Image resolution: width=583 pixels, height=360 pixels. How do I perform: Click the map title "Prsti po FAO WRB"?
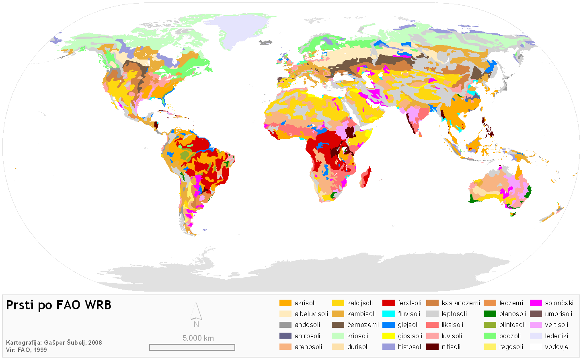[x=59, y=305]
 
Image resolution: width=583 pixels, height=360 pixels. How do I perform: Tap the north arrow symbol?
[x=196, y=314]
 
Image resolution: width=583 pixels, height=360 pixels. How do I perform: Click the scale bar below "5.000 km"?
[x=192, y=347]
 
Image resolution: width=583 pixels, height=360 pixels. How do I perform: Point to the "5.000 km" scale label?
[x=198, y=338]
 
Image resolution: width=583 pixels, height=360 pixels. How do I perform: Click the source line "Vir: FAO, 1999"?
[x=27, y=350]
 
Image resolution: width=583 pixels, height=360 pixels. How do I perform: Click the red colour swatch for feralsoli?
[x=388, y=303]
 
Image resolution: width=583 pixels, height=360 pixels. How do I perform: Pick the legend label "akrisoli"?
[x=305, y=303]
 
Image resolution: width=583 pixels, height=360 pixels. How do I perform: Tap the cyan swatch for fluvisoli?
[x=388, y=314]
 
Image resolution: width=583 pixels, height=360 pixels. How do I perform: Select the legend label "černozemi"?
[x=363, y=325]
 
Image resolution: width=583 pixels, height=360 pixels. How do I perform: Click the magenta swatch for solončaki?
[x=536, y=303]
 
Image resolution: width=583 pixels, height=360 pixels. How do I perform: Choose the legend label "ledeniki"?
[x=556, y=336]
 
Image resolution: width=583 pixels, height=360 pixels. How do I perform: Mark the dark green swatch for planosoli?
[x=490, y=314]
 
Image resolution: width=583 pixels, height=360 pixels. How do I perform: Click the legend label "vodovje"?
[x=556, y=347]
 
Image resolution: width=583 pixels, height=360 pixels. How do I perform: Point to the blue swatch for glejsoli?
[x=388, y=325]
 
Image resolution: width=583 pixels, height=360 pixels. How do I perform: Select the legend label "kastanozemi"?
[x=461, y=303]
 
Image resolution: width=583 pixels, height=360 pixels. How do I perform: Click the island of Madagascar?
[x=366, y=178]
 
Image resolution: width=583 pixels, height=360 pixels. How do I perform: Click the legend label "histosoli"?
[x=410, y=347]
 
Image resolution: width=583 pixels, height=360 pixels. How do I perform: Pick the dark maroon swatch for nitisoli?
[x=432, y=347]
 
